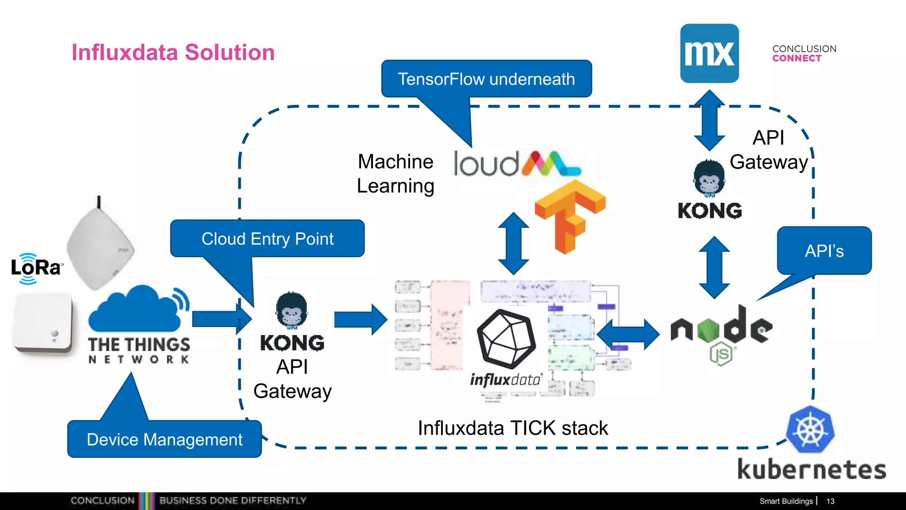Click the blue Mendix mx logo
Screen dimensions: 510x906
(709, 54)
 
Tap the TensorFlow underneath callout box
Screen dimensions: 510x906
(486, 79)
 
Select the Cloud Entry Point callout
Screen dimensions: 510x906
(267, 239)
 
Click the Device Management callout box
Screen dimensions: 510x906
(165, 439)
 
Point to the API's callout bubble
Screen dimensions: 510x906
(824, 251)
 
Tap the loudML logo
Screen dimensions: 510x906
(516, 164)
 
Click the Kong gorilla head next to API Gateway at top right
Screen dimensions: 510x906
(709, 178)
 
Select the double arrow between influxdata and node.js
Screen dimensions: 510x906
(628, 335)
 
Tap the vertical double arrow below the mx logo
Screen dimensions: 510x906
(709, 120)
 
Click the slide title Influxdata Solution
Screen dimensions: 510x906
(173, 52)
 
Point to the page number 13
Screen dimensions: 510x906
(830, 501)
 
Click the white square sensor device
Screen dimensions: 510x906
(43, 322)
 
